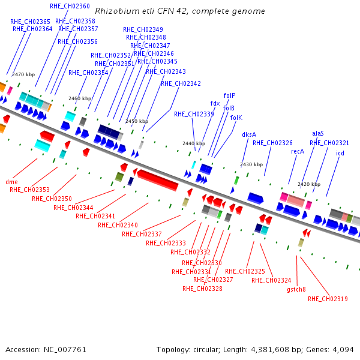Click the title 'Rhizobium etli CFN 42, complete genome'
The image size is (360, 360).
click(180, 11)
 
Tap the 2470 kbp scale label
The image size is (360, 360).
click(23, 74)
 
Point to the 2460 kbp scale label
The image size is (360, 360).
click(80, 98)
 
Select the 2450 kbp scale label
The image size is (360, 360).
click(137, 121)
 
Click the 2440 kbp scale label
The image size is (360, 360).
click(194, 143)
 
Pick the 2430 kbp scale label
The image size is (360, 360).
click(251, 164)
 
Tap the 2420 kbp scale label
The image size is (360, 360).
click(309, 184)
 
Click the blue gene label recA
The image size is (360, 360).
click(298, 152)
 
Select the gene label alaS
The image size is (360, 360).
click(318, 133)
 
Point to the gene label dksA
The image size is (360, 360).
click(249, 134)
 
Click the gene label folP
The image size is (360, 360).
click(229, 95)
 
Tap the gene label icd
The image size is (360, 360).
click(340, 154)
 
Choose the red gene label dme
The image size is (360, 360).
click(11, 182)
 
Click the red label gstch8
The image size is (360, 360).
click(296, 289)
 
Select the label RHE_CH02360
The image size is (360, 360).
click(70, 6)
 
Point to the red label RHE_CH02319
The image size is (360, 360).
click(328, 299)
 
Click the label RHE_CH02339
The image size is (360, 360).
click(194, 114)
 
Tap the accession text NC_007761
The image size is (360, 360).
click(64, 349)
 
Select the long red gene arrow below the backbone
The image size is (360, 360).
click(158, 179)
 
